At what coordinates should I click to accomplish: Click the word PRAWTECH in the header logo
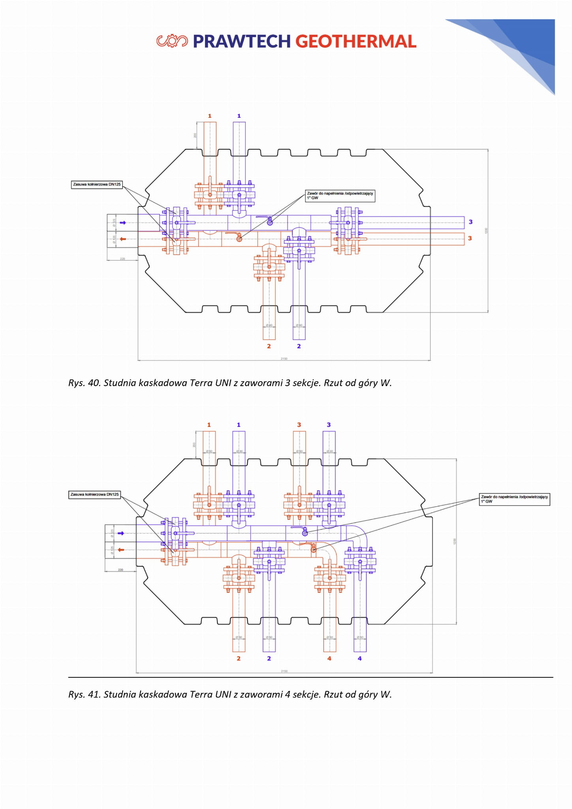tap(241, 41)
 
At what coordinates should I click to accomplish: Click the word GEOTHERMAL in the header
tap(356, 41)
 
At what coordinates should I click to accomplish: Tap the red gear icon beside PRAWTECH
tap(172, 41)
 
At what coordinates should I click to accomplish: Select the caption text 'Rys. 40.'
tap(84, 383)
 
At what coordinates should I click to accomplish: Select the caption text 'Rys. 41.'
tap(84, 694)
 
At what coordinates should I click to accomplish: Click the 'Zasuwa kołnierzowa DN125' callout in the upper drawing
tap(97, 185)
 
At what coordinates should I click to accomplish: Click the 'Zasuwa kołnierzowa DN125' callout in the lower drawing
tap(94, 494)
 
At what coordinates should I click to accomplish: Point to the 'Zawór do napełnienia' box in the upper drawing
tap(340, 196)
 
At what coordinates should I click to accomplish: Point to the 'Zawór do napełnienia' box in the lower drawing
tap(514, 499)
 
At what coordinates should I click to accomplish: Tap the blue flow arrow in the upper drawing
tap(123, 223)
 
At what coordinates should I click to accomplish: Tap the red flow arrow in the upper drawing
tap(123, 239)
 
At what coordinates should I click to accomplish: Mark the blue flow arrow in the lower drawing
tap(121, 534)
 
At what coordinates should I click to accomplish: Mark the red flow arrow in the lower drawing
tap(121, 550)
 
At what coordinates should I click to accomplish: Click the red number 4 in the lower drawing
tap(329, 658)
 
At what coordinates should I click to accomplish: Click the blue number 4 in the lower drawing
tap(359, 658)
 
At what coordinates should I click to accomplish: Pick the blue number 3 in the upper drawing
tap(470, 222)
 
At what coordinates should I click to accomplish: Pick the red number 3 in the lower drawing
tap(299, 425)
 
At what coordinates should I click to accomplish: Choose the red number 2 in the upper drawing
tap(269, 346)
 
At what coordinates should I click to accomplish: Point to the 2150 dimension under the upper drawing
tap(284, 358)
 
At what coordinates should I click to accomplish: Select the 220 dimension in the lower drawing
tap(120, 570)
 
